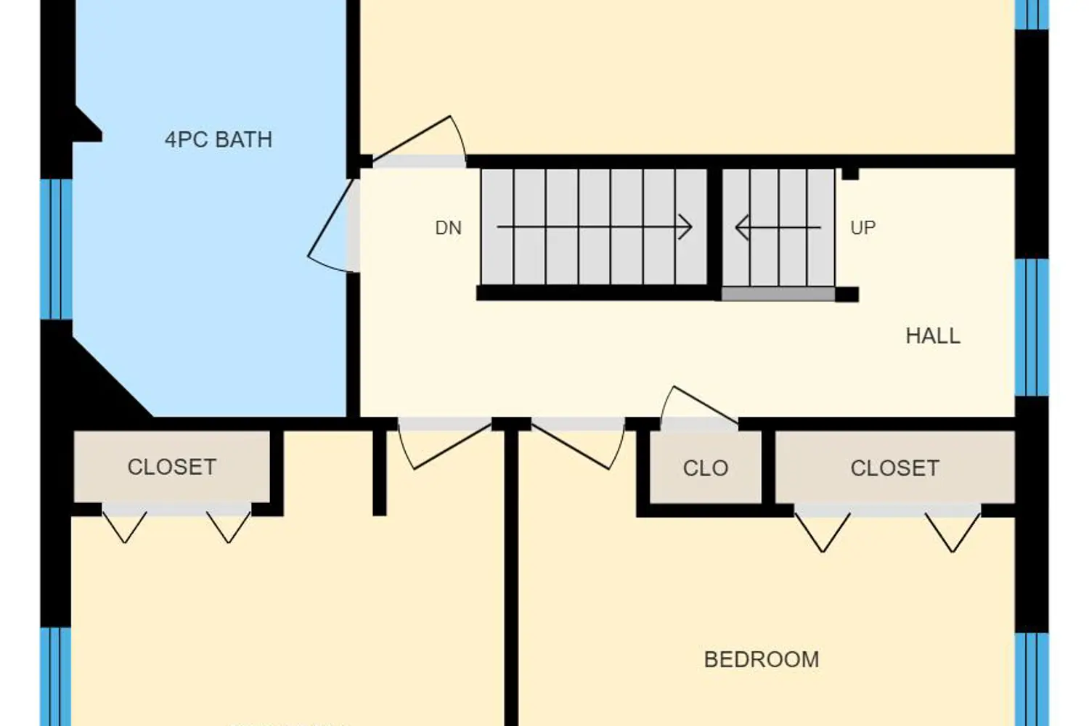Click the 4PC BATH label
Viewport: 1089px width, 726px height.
tap(219, 139)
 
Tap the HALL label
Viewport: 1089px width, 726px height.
tap(933, 336)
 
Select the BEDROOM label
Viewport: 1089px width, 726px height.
tap(762, 659)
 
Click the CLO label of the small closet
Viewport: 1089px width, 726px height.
tap(706, 468)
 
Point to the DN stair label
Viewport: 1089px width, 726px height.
tap(448, 228)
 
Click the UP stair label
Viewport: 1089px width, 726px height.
tap(863, 227)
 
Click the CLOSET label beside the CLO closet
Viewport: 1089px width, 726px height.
tap(894, 468)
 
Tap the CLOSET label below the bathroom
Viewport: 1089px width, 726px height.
tap(171, 468)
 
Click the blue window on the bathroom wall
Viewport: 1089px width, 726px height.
tap(57, 250)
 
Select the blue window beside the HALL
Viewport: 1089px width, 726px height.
tap(1032, 327)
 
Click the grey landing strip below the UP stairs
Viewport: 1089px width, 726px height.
tap(778, 294)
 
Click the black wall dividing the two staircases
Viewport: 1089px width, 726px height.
tap(714, 234)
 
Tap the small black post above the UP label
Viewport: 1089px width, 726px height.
tap(850, 174)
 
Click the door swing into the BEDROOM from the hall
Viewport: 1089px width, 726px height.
tap(578, 445)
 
